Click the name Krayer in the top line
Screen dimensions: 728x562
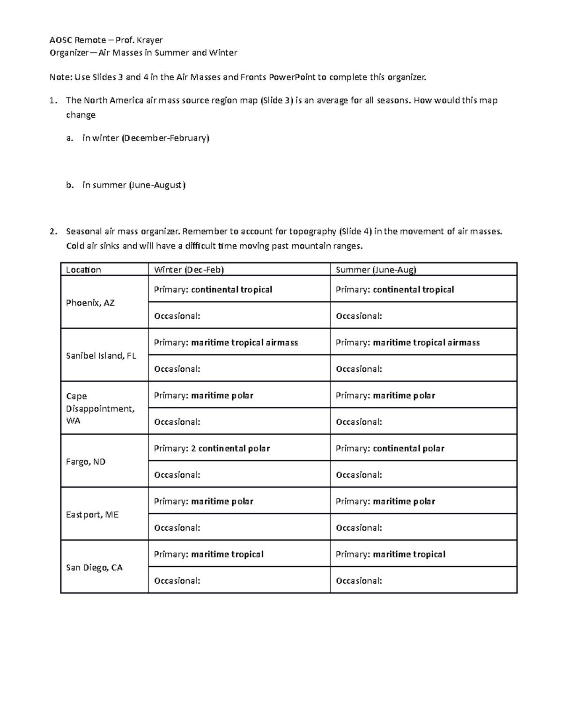[149, 40]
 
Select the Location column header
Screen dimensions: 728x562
[83, 270]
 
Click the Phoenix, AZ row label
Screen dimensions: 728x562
[90, 303]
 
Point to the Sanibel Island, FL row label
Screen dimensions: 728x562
[101, 356]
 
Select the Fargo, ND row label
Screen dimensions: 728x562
[86, 462]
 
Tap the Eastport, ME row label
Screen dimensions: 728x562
[92, 515]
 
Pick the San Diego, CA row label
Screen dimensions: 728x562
[94, 568]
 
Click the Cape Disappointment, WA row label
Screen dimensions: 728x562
[100, 408]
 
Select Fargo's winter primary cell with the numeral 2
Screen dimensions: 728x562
[212, 449]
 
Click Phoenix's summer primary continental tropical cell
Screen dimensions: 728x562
[395, 290]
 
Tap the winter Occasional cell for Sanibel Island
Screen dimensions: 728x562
[177, 369]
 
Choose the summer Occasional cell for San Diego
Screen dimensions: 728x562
[359, 581]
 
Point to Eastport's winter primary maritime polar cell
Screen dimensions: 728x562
[203, 502]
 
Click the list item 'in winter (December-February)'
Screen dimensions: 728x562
[146, 138]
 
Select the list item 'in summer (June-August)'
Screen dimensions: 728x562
[134, 185]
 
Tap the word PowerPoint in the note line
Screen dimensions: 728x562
[292, 77]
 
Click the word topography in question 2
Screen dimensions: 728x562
[312, 231]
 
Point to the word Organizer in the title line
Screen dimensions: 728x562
[69, 53]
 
